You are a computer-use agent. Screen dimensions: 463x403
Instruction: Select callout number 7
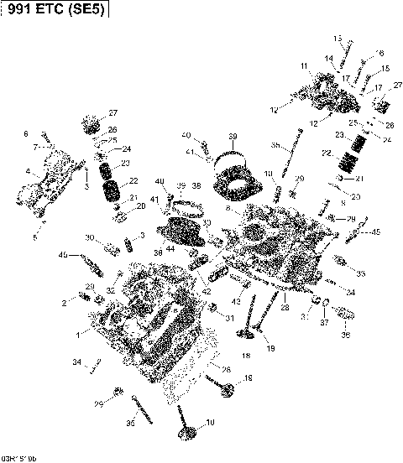pos(35,146)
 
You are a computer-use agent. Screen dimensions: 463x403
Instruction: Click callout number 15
pos(385,69)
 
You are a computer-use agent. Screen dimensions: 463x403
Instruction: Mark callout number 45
pos(375,232)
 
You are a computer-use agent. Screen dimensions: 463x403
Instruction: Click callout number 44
pos(170,249)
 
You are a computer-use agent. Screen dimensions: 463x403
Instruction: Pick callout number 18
pos(246,356)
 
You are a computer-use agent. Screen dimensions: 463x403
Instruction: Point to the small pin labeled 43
pos(238,287)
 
